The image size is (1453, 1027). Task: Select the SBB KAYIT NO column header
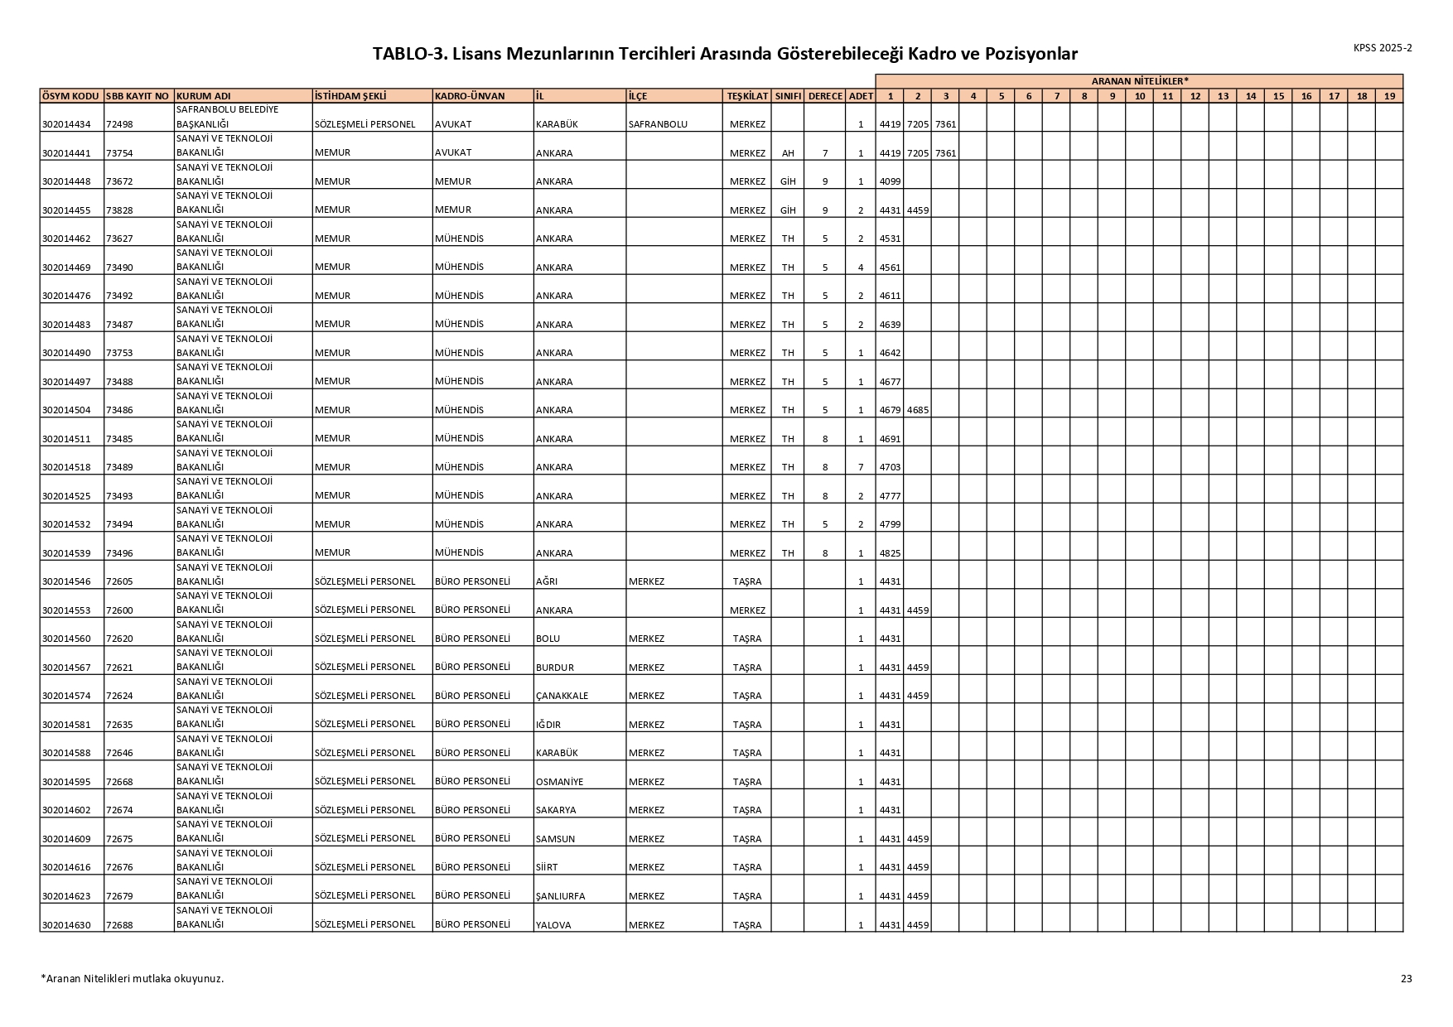pos(138,96)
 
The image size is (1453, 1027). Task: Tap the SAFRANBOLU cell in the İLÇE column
pos(658,124)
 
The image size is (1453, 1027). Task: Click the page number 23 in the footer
pos(1406,978)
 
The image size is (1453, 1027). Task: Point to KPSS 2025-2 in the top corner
pos(1383,48)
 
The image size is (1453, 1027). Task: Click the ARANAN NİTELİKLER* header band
pos(1139,81)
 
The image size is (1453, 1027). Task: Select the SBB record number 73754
pos(119,153)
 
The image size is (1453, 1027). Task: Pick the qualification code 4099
pos(890,181)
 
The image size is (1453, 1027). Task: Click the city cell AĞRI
pos(547,581)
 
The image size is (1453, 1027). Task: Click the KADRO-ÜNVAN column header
pos(470,96)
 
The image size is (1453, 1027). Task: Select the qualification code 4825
pos(890,553)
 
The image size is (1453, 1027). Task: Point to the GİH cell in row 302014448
pos(787,181)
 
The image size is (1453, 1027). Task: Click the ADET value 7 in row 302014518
pos(861,467)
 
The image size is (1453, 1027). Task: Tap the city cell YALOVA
pos(553,925)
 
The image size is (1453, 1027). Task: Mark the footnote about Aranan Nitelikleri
pos(133,978)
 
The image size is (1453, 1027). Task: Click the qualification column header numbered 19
pos(1389,96)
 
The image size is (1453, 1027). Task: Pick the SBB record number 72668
pos(119,782)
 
